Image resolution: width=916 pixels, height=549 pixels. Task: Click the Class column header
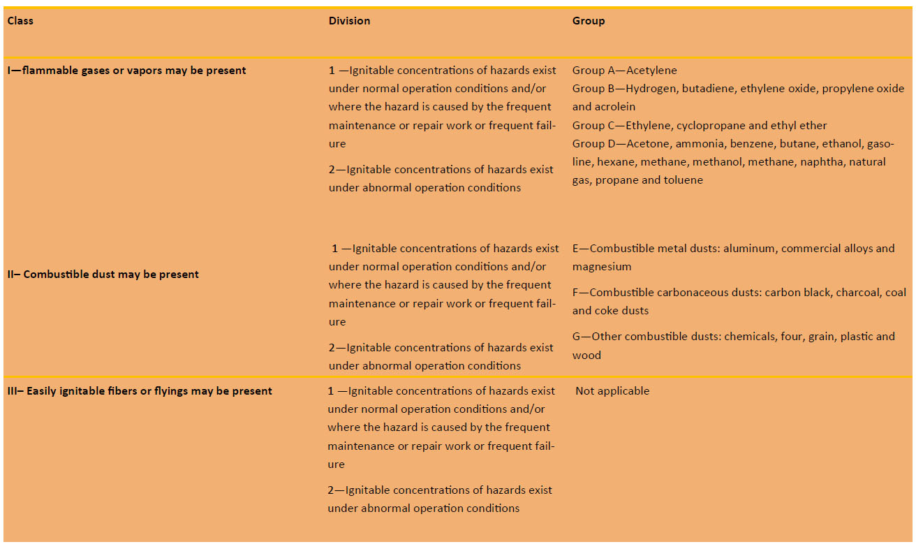pyautogui.click(x=20, y=21)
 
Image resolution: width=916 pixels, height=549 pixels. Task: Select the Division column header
pyautogui.click(x=349, y=21)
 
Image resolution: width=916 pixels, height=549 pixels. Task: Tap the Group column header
pyautogui.click(x=589, y=21)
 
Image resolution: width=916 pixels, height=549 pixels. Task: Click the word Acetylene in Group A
pyautogui.click(x=651, y=71)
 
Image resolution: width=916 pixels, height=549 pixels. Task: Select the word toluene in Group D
pyautogui.click(x=685, y=180)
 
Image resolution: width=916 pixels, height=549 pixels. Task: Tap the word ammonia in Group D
pyautogui.click(x=700, y=144)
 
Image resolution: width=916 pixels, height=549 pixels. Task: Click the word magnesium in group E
pyautogui.click(x=602, y=267)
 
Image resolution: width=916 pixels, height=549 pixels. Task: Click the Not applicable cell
pyautogui.click(x=612, y=391)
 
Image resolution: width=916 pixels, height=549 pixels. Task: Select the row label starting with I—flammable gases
pyautogui.click(x=126, y=71)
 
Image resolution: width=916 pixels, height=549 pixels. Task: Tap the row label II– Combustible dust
pyautogui.click(x=103, y=274)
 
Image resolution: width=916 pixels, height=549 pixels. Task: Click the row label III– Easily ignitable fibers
pyautogui.click(x=140, y=391)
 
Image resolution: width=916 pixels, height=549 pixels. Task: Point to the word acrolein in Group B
pyautogui.click(x=614, y=107)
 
